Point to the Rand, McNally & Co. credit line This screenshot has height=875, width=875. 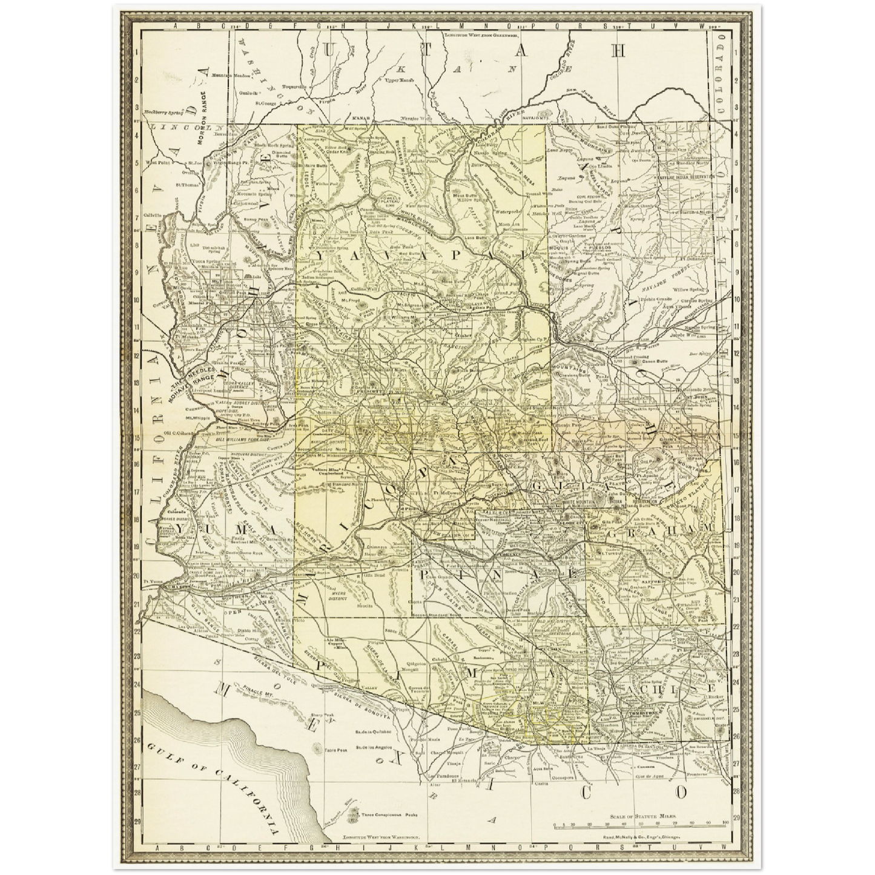(x=642, y=837)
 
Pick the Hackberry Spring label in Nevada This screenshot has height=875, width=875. (x=163, y=112)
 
